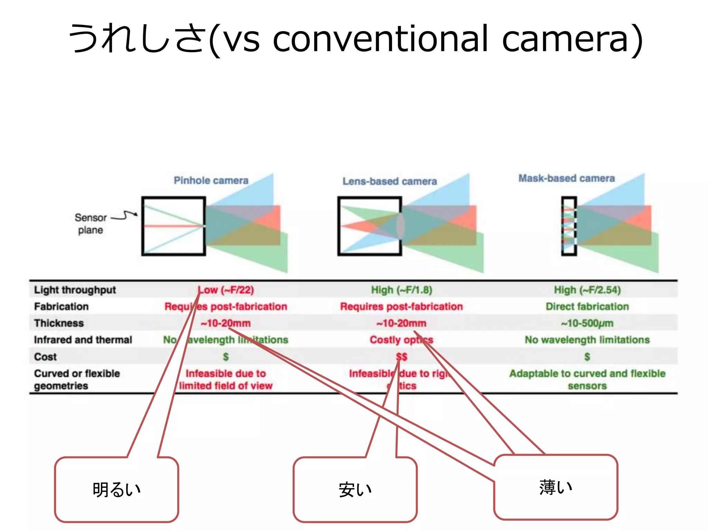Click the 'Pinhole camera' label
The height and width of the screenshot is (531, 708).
(x=211, y=180)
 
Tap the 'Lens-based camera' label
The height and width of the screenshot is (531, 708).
(x=390, y=181)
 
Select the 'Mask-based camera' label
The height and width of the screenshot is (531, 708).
(x=566, y=178)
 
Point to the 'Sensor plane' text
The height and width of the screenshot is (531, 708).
(x=91, y=224)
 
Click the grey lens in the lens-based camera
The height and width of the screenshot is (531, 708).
(x=400, y=225)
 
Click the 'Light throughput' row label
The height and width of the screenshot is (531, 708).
(x=75, y=290)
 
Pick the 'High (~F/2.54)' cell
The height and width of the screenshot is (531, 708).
(x=587, y=290)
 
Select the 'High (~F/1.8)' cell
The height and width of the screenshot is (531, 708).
(x=401, y=290)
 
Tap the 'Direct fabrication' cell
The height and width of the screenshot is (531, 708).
(x=587, y=306)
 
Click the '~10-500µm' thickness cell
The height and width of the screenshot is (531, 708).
(x=587, y=323)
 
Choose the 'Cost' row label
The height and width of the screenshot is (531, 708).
(x=45, y=357)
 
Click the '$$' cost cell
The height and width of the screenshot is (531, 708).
(x=401, y=357)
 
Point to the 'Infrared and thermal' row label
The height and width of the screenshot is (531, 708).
(x=83, y=340)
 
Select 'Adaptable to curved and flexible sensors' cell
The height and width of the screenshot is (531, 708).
(x=587, y=379)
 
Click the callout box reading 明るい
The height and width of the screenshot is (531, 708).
(x=117, y=490)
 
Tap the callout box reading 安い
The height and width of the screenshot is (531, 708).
(x=355, y=490)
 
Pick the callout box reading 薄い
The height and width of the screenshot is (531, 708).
(x=555, y=487)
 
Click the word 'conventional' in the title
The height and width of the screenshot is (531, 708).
(x=380, y=39)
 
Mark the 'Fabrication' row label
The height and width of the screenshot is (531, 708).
(x=61, y=306)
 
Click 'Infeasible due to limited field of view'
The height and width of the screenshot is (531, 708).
(x=225, y=379)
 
